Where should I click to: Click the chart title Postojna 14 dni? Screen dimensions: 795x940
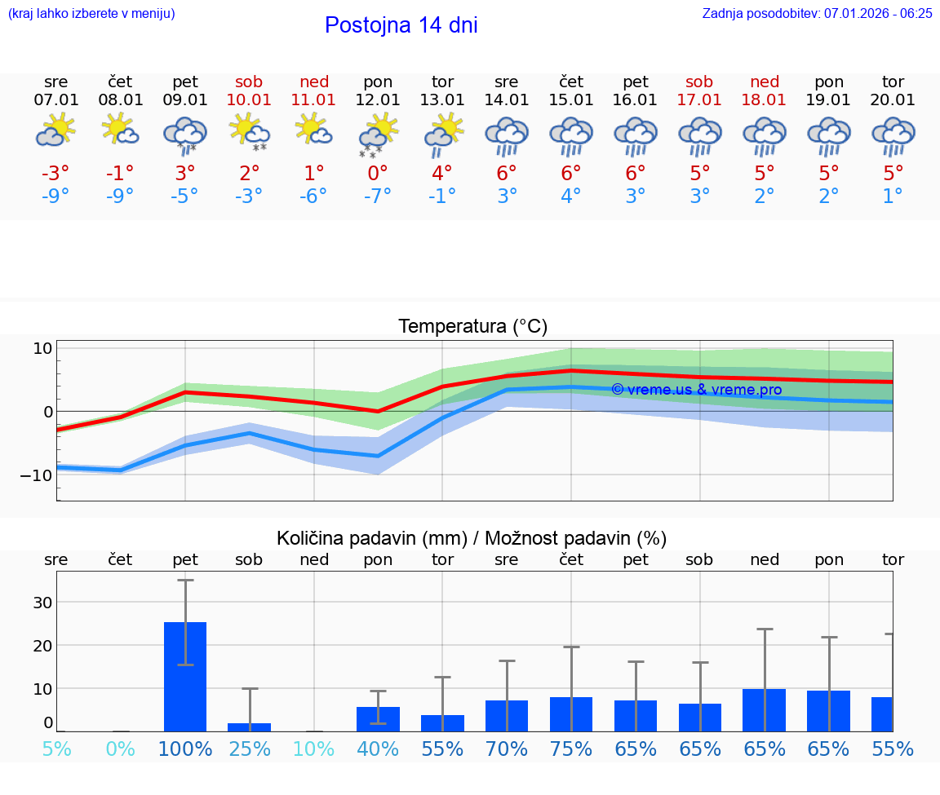point(401,25)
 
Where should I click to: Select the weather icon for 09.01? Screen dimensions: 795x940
point(185,135)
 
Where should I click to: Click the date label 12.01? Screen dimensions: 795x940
point(378,100)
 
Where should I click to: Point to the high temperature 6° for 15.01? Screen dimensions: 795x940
point(570,173)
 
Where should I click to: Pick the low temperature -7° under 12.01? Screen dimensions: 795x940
point(378,196)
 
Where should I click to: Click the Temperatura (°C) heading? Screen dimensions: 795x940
point(472,327)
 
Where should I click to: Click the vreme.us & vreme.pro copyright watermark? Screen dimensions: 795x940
point(696,390)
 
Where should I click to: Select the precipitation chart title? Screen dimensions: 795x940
point(472,538)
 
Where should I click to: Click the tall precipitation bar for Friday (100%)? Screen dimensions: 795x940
point(185,677)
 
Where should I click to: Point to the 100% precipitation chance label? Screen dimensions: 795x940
point(185,749)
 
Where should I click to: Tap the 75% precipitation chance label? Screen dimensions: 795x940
point(570,749)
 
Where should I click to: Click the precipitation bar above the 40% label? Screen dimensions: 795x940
point(378,719)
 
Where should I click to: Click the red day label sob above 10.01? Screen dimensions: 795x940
point(249,82)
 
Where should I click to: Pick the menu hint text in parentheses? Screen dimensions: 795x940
point(91,14)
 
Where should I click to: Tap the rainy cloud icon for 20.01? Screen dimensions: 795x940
point(893,135)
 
